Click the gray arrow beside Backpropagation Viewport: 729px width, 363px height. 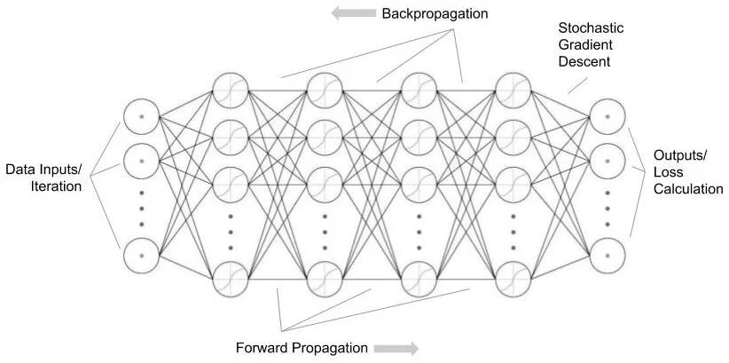pos(352,14)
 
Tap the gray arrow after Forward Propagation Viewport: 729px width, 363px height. pos(396,348)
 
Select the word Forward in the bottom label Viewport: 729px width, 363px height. pos(261,347)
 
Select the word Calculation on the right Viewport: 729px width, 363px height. pos(688,189)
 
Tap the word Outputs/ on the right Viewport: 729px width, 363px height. pos(681,155)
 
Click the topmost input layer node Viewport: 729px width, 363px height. pos(141,117)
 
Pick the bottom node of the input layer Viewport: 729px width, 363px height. pos(141,254)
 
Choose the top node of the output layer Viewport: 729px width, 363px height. pos(607,117)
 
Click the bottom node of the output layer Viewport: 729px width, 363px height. pos(607,254)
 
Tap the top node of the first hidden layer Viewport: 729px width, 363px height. pos(230,91)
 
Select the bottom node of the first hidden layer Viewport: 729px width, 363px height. pos(230,279)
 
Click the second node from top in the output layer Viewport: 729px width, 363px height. pos(607,162)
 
